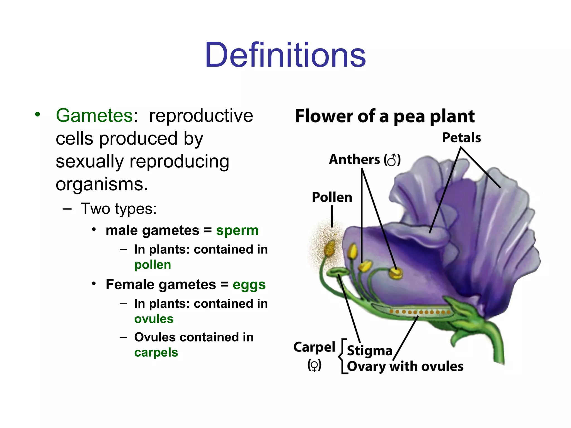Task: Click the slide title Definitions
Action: point(285,55)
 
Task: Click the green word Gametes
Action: point(94,116)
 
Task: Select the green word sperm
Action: point(237,230)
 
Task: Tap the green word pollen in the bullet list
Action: point(153,265)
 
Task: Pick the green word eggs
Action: point(249,285)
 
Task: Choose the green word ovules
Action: point(154,319)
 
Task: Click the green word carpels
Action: point(156,353)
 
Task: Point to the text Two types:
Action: point(118,209)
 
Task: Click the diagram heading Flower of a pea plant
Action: point(385,116)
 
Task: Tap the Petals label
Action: point(461,138)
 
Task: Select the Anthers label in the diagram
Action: point(354,160)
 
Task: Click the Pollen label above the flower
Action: point(332,197)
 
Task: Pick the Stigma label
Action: point(369,351)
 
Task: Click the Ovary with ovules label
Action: point(405,366)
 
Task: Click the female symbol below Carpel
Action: point(314,365)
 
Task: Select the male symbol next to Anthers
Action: point(392,160)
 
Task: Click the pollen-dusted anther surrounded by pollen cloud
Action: point(329,249)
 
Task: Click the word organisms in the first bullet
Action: point(102,184)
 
